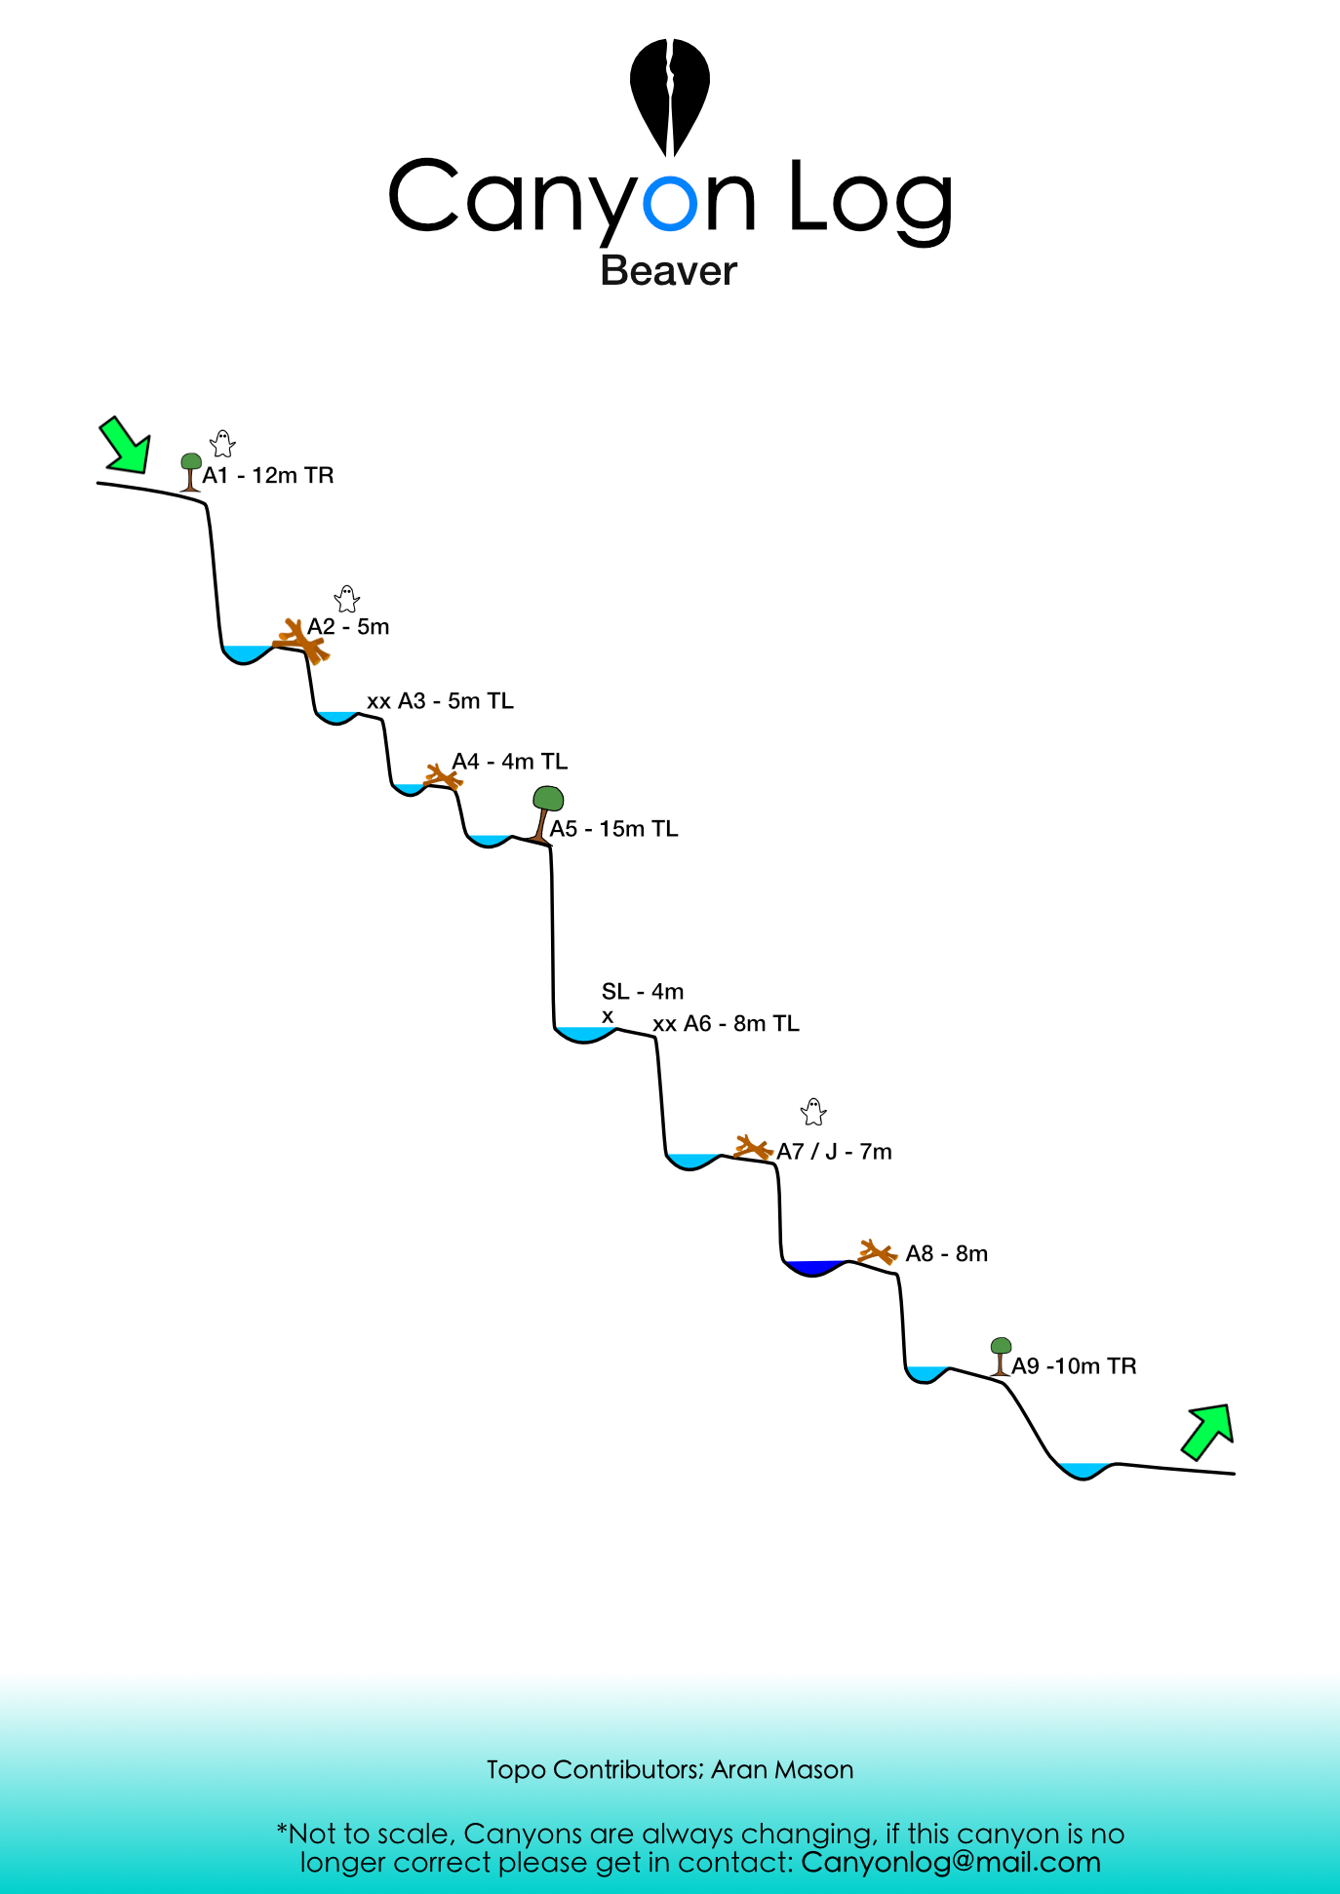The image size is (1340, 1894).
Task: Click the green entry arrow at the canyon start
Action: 127,446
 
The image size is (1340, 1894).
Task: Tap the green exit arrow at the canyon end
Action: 1209,1431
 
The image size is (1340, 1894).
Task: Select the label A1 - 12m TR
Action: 268,476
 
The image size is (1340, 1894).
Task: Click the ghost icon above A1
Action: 223,444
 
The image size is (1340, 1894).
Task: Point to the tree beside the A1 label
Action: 191,472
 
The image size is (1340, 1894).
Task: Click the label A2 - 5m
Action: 348,627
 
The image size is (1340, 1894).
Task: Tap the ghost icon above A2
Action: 347,599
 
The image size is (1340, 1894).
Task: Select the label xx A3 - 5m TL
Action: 440,701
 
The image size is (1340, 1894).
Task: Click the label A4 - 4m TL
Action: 509,762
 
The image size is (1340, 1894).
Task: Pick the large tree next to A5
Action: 546,813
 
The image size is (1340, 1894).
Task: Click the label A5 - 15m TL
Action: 613,829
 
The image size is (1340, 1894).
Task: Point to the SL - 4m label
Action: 643,992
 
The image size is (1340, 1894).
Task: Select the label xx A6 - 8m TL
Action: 726,1024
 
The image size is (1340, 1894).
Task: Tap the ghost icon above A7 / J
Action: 813,1112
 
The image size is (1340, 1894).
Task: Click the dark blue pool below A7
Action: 815,1268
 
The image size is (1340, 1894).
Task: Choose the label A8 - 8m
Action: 946,1254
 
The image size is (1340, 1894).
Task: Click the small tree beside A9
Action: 1001,1357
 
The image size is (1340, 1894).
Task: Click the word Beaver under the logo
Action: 669,271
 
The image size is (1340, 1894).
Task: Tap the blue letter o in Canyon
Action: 671,203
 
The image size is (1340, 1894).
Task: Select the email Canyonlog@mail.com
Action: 951,1862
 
